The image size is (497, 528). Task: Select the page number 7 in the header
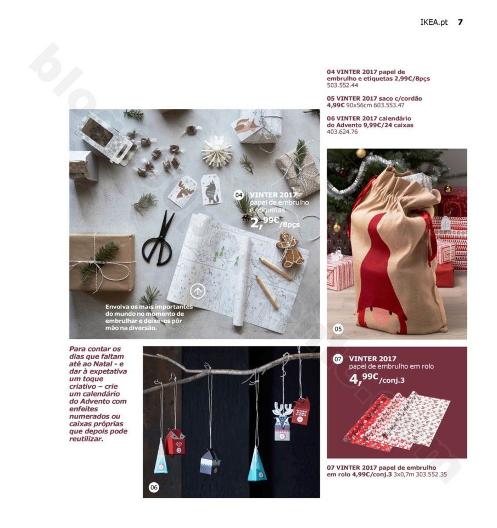pos(460,22)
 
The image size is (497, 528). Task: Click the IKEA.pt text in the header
pos(434,23)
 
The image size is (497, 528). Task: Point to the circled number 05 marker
pos(338,329)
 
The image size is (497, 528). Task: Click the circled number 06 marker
pos(154,487)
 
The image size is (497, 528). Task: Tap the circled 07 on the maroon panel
pos(338,359)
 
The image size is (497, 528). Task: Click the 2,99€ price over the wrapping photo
pos(265,222)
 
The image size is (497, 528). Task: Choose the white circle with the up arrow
pos(198,291)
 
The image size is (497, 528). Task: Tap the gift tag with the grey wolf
pos(210,189)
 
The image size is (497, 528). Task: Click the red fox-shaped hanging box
pos(176,442)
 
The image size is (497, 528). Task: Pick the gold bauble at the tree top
pos(361,153)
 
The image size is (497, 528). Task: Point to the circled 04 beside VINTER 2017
pos(239,195)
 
